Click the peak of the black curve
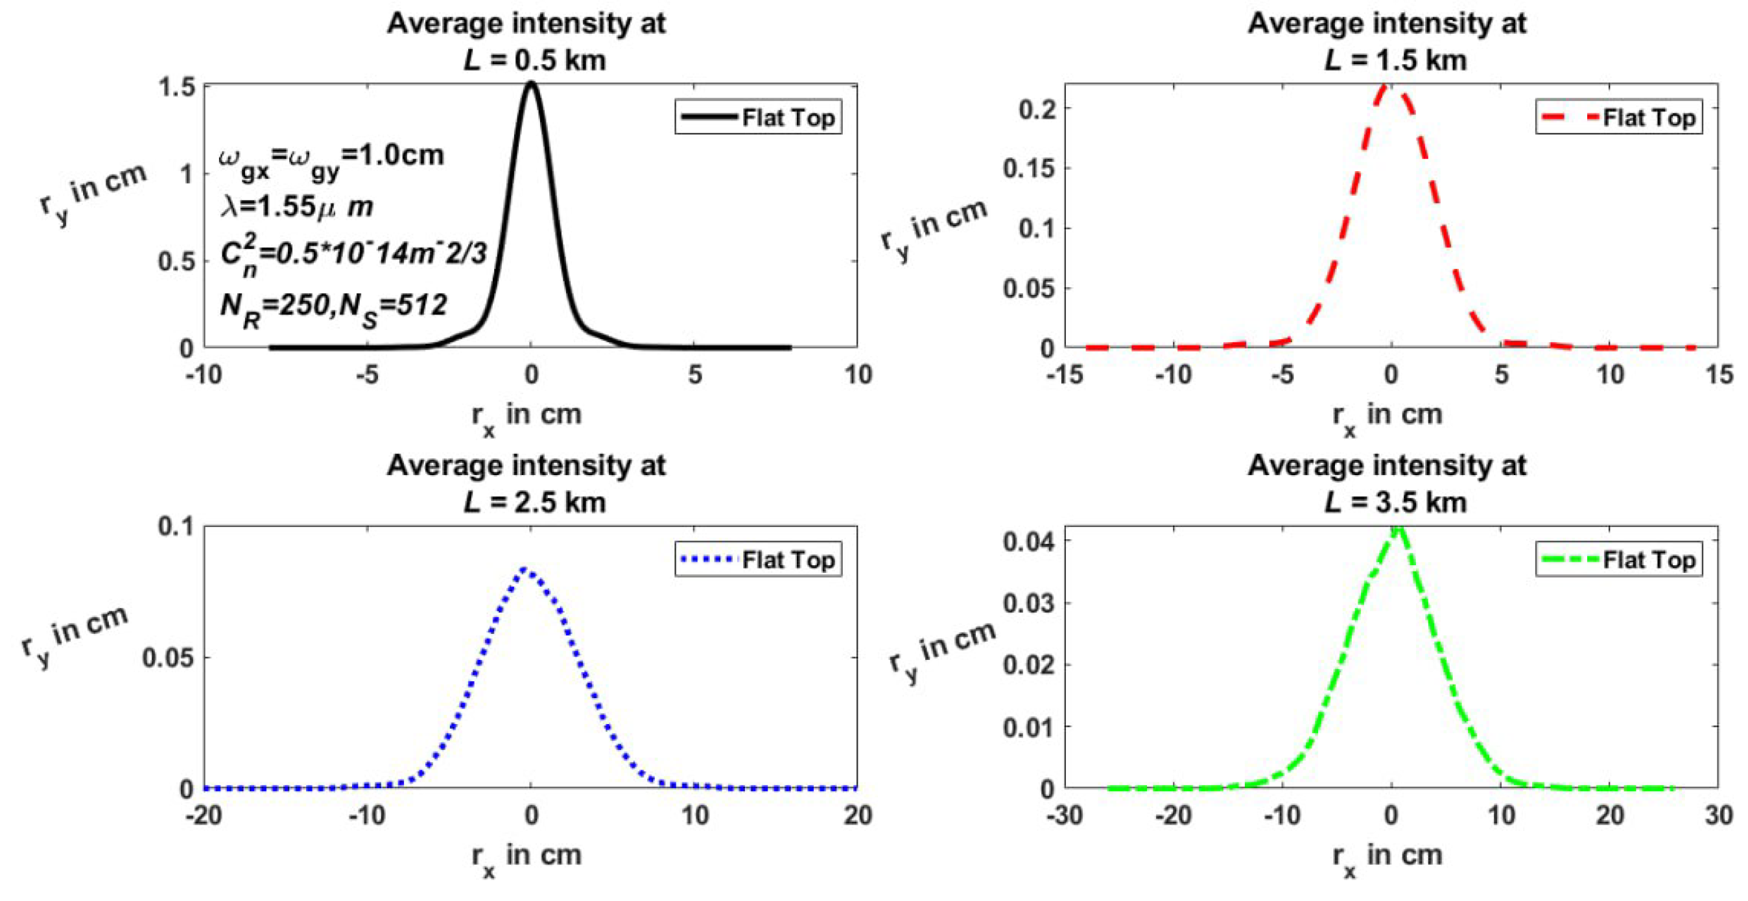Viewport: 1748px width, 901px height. (531, 84)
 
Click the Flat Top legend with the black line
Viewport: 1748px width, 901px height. (758, 117)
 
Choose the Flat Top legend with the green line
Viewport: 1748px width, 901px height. (1619, 560)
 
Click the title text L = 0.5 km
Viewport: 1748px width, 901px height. (535, 60)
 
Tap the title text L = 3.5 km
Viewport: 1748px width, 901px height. (1395, 503)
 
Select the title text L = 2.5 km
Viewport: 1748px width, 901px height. (535, 503)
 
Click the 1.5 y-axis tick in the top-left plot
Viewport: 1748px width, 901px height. (176, 87)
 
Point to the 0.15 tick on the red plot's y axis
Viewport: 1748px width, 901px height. (1029, 169)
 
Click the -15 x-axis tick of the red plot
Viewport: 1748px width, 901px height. (1064, 374)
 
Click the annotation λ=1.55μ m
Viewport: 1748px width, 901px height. (296, 206)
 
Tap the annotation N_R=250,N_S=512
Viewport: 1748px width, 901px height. (334, 309)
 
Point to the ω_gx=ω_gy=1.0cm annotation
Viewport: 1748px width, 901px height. (331, 159)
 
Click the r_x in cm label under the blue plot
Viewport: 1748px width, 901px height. (526, 857)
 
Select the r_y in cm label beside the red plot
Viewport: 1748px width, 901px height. (933, 229)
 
